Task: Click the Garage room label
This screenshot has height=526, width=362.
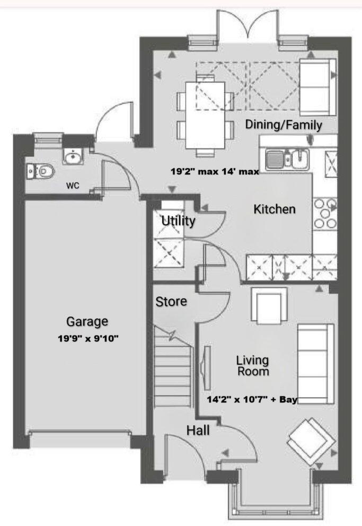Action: point(87,321)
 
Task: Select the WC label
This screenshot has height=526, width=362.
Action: point(73,186)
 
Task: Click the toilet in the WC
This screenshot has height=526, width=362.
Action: point(42,171)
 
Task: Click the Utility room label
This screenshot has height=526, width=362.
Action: point(178,221)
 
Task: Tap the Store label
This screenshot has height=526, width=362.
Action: point(171,301)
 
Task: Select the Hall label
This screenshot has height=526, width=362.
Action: point(198,431)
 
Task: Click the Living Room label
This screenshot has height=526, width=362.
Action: point(252,366)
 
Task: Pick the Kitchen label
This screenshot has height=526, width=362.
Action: point(274,209)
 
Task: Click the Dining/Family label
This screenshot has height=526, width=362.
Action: point(283,125)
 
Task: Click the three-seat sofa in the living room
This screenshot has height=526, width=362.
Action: point(315,363)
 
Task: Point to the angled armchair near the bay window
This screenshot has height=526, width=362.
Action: point(311,437)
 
